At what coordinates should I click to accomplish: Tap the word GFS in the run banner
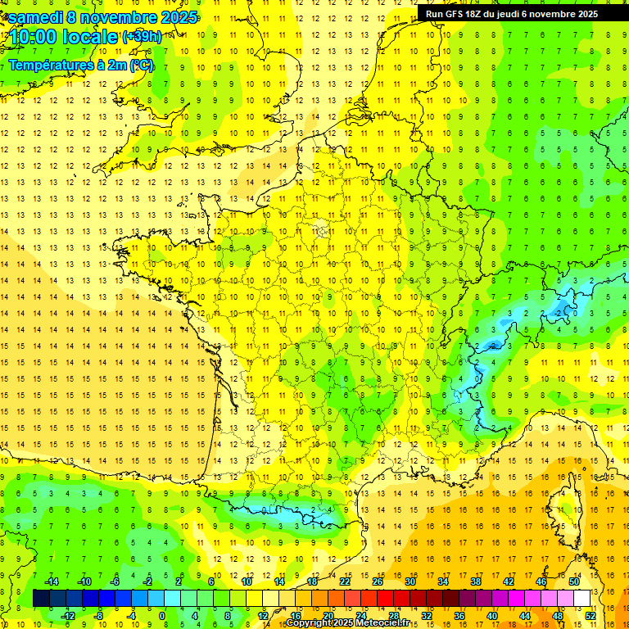pos(458,14)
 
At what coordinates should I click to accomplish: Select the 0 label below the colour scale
pos(161,615)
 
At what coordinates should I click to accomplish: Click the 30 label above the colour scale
pos(410,581)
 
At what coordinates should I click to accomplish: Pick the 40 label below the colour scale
pos(492,615)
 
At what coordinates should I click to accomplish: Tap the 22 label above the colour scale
pos(345,581)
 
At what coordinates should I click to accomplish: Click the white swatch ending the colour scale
pos(581,599)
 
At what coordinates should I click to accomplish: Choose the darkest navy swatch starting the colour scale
pos(41,599)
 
